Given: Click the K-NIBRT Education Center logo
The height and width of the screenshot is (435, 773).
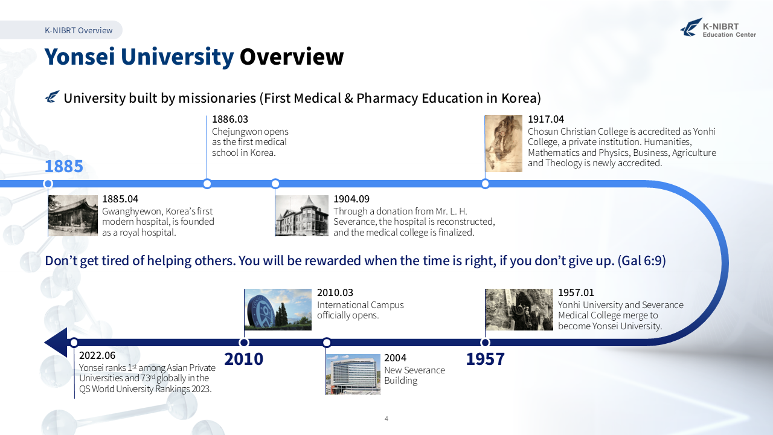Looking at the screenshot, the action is coord(718,28).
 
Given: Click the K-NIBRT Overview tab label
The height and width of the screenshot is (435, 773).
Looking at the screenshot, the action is coord(79,30).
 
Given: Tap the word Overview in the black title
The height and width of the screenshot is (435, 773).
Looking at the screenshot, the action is coord(292,57).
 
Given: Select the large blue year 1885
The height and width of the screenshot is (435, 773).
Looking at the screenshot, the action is coord(64,166).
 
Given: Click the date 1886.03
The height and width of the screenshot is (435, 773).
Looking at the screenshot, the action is coord(230,119).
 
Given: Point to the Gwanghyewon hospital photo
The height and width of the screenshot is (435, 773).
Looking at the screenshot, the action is coord(73,216).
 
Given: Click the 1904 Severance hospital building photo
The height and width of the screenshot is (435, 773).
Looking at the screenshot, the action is coord(302,216).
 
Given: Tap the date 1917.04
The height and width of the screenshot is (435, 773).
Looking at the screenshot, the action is coord(546,119).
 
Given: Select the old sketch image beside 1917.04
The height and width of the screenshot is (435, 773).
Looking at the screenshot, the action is coord(504,143).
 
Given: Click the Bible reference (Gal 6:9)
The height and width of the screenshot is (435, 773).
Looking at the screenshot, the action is coord(642,260).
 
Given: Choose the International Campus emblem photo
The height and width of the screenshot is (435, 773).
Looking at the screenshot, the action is coord(278,310).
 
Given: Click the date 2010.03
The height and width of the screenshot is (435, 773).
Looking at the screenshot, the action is coord(335,293).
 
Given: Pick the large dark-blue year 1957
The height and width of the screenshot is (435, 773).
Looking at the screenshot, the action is coord(485,359).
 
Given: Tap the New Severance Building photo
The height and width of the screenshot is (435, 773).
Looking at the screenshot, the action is coord(353,374).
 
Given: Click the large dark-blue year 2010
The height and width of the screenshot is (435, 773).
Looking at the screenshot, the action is coord(243,359).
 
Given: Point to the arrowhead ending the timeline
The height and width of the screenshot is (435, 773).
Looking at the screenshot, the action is coord(56,343).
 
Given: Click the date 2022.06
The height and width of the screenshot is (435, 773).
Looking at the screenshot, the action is coord(97,356).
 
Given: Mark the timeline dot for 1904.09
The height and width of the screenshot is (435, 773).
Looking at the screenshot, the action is coord(275,184).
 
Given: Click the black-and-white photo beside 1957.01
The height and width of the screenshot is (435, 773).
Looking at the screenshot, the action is coord(519,310).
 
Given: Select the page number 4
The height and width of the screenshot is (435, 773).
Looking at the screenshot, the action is coord(386,419).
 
